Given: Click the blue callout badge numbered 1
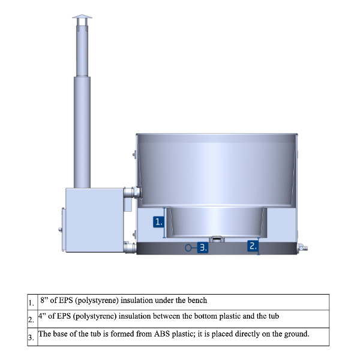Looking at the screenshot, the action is click(x=158, y=222).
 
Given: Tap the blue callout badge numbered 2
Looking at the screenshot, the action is click(x=253, y=246).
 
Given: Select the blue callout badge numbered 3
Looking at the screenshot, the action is click(x=203, y=248).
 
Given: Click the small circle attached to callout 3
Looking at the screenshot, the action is click(x=188, y=248).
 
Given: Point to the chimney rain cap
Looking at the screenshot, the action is click(x=82, y=17).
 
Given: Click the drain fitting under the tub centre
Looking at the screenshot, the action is click(x=217, y=239).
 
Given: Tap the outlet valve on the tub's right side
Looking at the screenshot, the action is click(x=302, y=248).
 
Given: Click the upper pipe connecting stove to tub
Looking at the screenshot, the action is click(x=132, y=193).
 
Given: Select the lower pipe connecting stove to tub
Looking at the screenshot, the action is click(x=130, y=247).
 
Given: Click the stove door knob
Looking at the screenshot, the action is click(x=60, y=229).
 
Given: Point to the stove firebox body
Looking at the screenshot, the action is click(x=94, y=220).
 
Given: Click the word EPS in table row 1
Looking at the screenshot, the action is click(x=65, y=301).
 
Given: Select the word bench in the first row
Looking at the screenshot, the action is click(x=197, y=301).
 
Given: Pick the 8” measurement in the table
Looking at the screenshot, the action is click(x=44, y=300).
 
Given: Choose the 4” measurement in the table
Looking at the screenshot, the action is click(x=42, y=316).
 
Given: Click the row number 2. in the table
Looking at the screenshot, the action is click(x=31, y=319).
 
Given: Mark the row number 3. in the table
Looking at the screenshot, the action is click(x=31, y=337).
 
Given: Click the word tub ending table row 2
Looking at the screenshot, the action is click(x=274, y=316).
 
